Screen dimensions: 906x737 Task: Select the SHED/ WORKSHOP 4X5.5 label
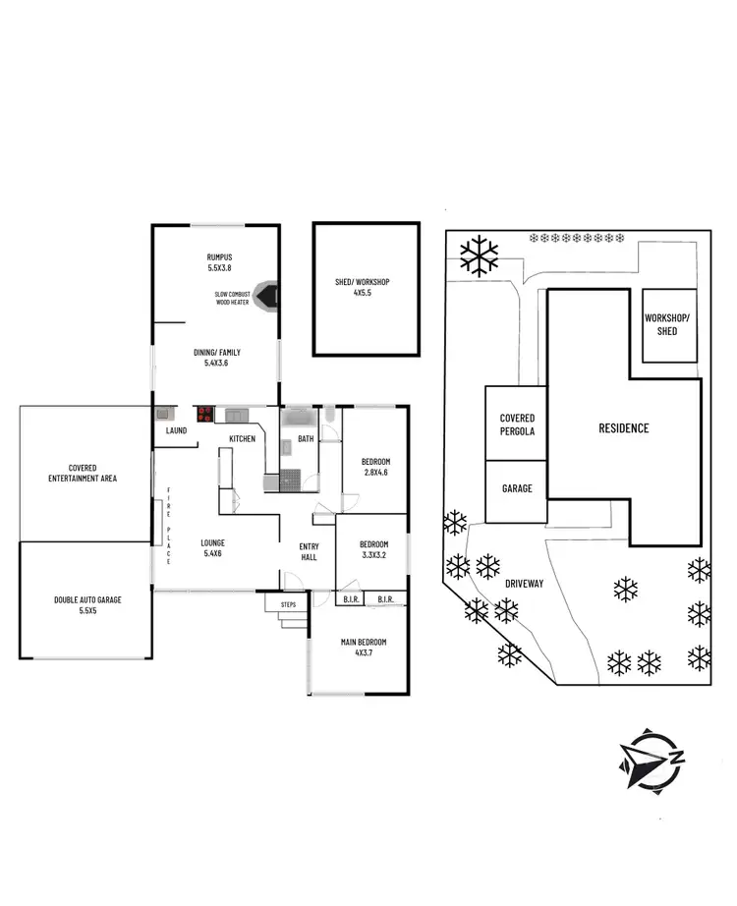coord(363,287)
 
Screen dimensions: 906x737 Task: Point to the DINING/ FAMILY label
coord(215,358)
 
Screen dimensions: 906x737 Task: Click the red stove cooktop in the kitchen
coord(205,414)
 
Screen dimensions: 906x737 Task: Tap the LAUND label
coord(176,430)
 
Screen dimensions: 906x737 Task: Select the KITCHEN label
coord(243,438)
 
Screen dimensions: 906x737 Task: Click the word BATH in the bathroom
coord(306,439)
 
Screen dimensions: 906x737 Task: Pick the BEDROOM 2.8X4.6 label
coord(374,467)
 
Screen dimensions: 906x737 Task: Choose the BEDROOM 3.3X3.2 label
coord(372,549)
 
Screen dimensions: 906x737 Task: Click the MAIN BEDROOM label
coord(364,647)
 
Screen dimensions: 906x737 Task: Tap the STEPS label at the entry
coord(288,604)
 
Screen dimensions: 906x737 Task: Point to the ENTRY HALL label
coord(309,552)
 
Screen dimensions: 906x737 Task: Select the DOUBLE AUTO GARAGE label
coord(88,603)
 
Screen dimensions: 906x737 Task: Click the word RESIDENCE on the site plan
coord(624,428)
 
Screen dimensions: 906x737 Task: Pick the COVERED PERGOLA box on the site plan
coord(517,424)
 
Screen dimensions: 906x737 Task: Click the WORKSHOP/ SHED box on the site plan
coord(669,325)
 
